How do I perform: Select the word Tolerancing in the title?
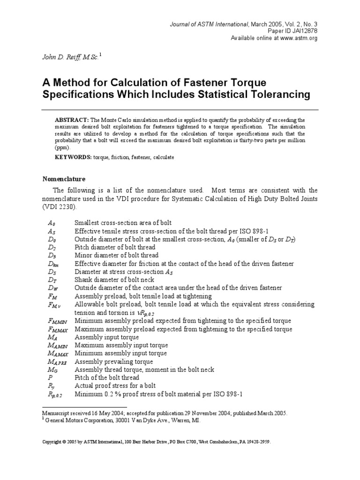[x=279, y=95]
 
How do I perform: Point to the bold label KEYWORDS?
[x=74, y=157]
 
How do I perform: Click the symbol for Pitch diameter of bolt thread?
[x=52, y=247]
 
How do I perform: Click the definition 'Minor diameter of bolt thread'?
[x=117, y=255]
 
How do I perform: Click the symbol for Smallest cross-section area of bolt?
[x=52, y=223]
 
